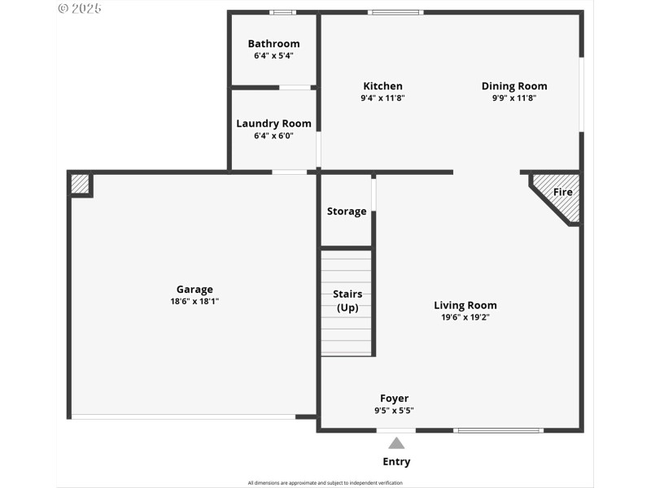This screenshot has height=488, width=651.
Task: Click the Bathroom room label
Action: (x=273, y=44)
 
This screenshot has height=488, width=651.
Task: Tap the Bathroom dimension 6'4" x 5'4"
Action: (x=273, y=56)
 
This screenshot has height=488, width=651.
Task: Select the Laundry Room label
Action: (x=273, y=124)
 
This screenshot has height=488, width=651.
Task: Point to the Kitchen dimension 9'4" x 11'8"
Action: (x=382, y=98)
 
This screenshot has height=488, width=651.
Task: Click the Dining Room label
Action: (x=514, y=86)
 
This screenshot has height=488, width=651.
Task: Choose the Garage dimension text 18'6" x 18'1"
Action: (x=194, y=301)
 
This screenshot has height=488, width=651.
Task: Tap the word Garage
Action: (x=194, y=289)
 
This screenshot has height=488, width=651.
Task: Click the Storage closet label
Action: (x=347, y=211)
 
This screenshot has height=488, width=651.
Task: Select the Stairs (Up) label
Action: (x=347, y=301)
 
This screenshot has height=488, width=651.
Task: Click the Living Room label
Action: (x=465, y=306)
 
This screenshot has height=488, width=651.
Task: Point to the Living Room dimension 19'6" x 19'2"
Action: (x=465, y=318)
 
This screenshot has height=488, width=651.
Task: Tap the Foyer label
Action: (x=395, y=399)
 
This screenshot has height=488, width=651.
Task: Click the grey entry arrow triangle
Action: (x=396, y=443)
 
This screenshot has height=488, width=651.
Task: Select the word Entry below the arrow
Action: (x=396, y=462)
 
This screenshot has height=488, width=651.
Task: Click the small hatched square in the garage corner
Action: (x=80, y=184)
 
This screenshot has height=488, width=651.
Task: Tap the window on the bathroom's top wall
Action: (x=282, y=12)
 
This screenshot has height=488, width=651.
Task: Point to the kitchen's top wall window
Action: (x=395, y=12)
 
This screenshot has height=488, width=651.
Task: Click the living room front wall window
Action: (x=498, y=429)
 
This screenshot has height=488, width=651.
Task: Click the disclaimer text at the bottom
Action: (x=325, y=482)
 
